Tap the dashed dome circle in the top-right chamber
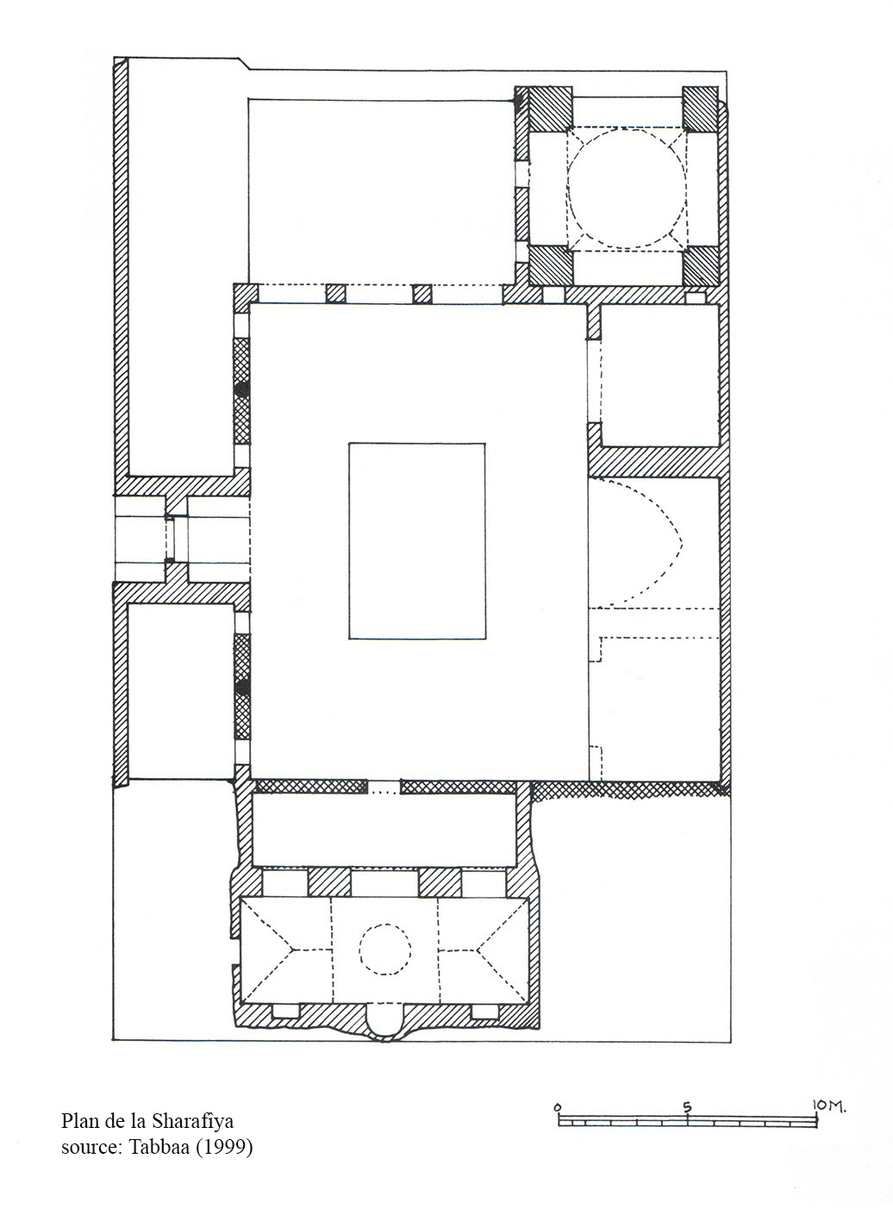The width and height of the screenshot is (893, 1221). [x=568, y=188]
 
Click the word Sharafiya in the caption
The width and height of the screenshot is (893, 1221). [x=192, y=1121]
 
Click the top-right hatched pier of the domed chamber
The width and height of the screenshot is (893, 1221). [x=700, y=109]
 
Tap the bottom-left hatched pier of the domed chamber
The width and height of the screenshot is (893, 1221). [x=551, y=265]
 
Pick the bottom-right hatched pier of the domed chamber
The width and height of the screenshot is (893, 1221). [x=701, y=265]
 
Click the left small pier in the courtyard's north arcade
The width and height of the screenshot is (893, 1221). [x=336, y=294]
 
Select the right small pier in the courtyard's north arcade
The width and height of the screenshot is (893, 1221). [x=422, y=294]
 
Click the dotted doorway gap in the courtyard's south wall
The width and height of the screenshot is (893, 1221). [x=384, y=787]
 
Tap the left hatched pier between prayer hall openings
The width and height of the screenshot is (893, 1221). [x=329, y=882]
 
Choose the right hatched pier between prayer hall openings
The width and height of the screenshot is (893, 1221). [x=440, y=882]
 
